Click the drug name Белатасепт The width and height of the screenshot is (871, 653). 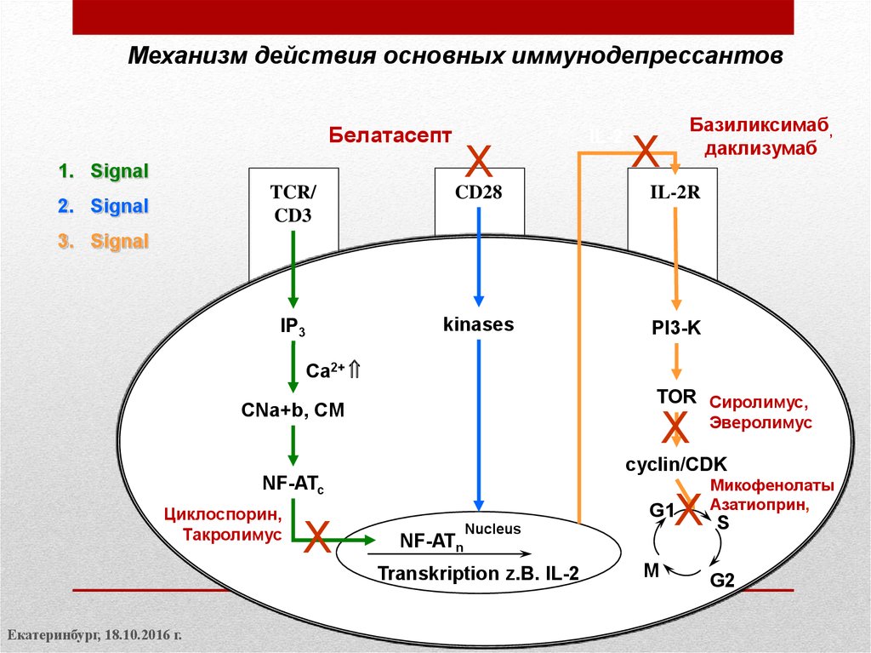click(390, 135)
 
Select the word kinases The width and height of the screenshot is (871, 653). click(478, 324)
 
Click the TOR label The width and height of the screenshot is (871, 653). click(676, 396)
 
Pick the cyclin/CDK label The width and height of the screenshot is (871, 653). click(675, 463)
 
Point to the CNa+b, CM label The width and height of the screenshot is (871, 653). click(292, 410)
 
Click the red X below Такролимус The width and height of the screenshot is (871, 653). click(317, 538)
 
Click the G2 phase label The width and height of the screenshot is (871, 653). click(722, 581)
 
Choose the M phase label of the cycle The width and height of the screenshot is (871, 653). click(651, 570)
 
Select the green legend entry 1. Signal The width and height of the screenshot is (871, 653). click(103, 171)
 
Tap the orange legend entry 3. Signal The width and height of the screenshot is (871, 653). click(103, 241)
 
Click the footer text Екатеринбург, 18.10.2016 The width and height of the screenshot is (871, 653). click(95, 636)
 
